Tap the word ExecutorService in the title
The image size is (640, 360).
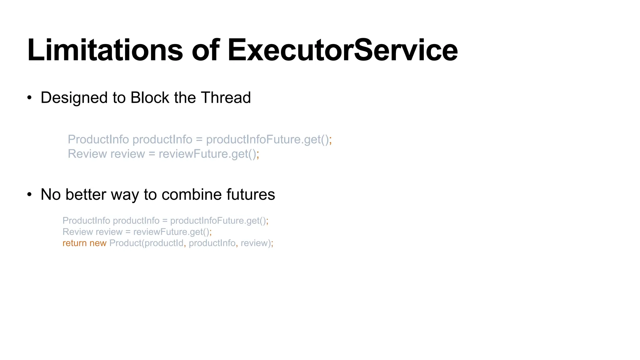point(342,50)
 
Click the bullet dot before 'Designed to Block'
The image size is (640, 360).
point(29,98)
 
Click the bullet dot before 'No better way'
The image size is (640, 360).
point(29,195)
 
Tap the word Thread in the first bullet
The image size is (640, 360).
point(226,97)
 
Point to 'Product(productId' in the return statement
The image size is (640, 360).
point(146,243)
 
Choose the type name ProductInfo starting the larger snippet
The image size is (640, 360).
point(98,139)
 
